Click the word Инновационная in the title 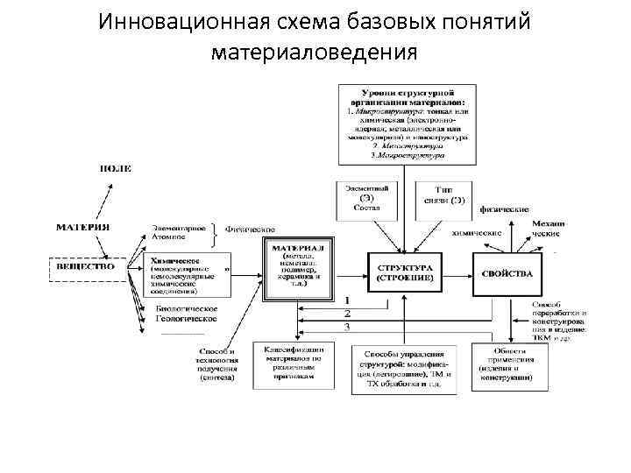(179, 22)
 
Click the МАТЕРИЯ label (83, 227)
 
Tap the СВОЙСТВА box (507, 272)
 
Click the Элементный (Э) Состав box (367, 201)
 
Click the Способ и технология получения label (216, 366)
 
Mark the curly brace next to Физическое (215, 231)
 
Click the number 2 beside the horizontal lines (347, 313)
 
